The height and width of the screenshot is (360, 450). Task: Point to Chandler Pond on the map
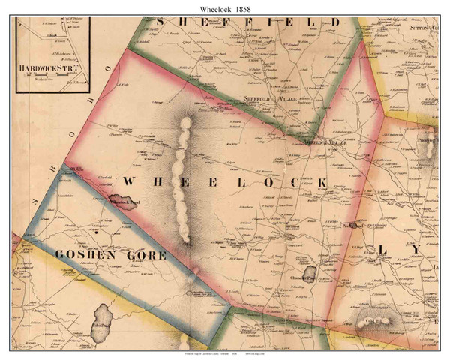click(x=309, y=274)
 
